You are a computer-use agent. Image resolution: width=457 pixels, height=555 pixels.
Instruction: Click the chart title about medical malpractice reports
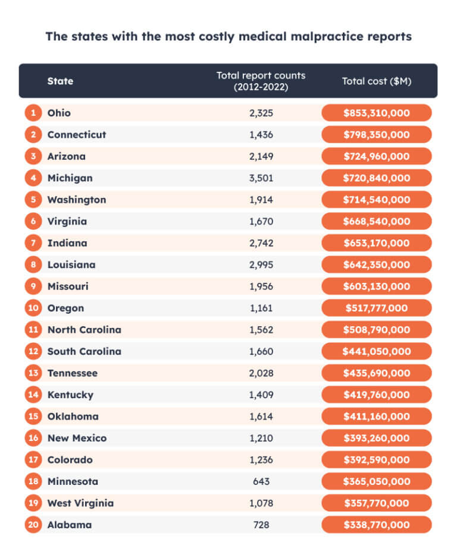coord(228,36)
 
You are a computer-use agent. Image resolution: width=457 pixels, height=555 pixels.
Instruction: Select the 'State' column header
coord(60,81)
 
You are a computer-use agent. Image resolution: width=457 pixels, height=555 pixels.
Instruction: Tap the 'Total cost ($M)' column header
coord(376,81)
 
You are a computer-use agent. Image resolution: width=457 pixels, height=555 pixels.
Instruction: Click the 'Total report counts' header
coord(261,81)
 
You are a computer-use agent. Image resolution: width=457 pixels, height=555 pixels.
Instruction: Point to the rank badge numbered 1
coord(32,113)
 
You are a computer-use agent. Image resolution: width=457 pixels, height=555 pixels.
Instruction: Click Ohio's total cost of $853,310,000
coord(376,113)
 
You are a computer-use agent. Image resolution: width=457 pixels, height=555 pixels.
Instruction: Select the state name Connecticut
coord(77,134)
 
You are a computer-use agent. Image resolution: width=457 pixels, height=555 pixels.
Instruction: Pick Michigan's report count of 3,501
coord(261,178)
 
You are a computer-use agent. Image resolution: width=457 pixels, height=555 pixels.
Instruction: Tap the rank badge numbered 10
coord(32,308)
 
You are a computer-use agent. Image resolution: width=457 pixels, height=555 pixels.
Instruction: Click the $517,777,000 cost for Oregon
coord(376,308)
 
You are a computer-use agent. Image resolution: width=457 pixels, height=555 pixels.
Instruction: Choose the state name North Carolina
coord(84,330)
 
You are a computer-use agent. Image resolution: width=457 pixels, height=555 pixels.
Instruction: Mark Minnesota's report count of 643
coord(261,481)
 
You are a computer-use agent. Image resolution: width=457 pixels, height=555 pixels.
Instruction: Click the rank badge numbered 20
coord(32,525)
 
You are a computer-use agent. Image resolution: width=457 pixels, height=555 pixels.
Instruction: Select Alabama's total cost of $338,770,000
coord(376,525)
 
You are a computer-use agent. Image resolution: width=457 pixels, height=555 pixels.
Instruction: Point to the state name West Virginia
coord(80,503)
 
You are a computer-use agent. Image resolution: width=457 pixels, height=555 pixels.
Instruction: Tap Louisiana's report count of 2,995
coord(261,264)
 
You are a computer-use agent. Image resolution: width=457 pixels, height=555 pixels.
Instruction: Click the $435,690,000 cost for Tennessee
coord(376,373)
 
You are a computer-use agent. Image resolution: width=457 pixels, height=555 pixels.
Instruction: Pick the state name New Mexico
coord(77,438)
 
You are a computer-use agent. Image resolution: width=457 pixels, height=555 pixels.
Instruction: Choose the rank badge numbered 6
coord(32,221)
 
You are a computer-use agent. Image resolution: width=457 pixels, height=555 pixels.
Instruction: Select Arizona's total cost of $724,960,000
coord(376,156)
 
